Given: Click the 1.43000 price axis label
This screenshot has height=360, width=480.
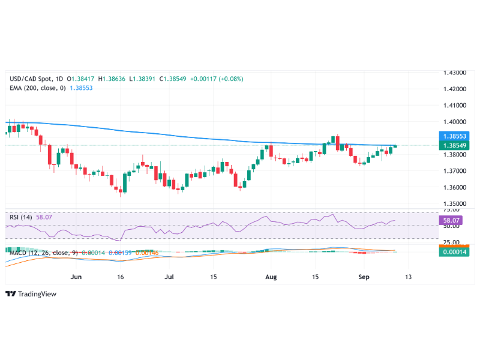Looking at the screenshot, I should point(455,73).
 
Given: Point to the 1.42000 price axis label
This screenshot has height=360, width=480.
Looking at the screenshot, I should point(455,89).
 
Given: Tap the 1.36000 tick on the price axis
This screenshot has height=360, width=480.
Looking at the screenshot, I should point(455,187).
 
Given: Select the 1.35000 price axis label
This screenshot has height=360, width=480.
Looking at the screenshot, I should point(455,204).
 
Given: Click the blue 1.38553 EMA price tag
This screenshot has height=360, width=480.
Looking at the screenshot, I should point(455,137).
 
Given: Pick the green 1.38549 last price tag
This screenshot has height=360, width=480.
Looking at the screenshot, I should point(455,145).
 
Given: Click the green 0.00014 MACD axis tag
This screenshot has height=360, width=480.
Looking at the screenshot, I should point(455,252).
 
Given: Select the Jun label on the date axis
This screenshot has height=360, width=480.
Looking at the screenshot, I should point(76,278).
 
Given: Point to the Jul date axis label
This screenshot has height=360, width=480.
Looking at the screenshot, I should point(169,278).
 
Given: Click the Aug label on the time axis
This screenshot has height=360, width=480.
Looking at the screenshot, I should point(271,278).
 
